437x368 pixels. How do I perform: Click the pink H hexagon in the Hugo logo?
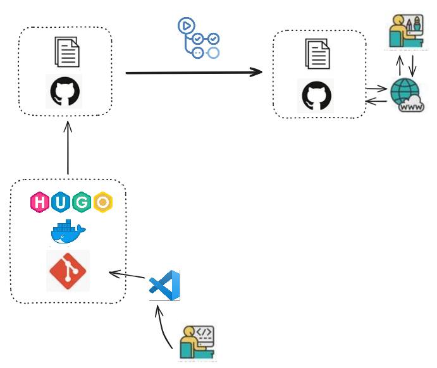pyautogui.click(x=40, y=202)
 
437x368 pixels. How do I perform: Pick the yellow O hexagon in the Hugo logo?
pyautogui.click(x=102, y=202)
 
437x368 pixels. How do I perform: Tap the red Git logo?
pyautogui.click(x=68, y=271)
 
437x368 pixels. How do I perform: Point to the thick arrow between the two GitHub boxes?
pyautogui.click(x=194, y=72)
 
